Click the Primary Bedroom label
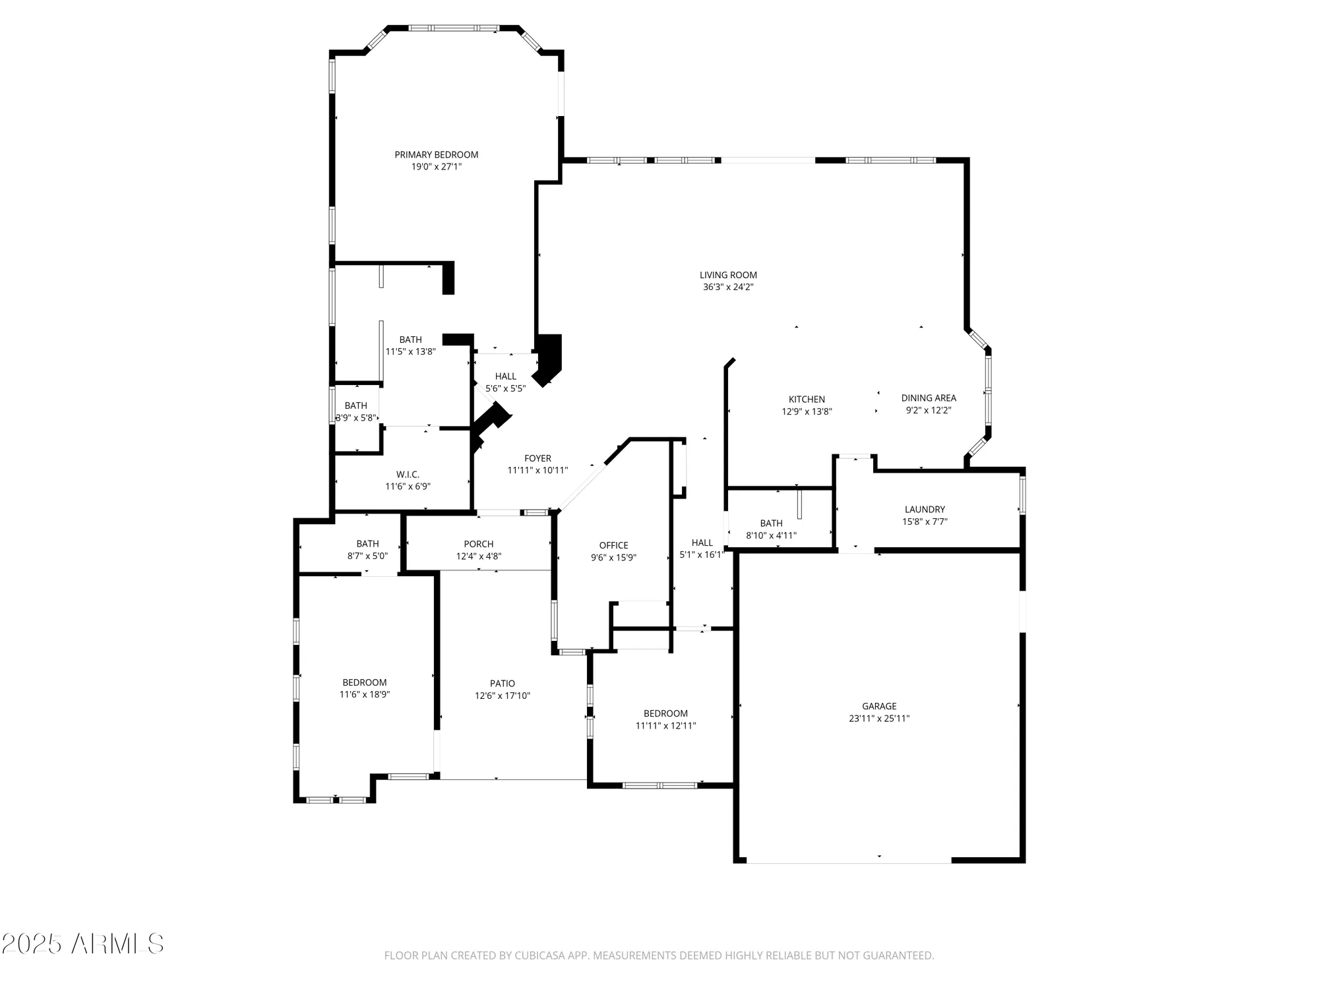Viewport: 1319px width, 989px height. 436,155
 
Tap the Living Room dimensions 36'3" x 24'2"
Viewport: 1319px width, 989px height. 728,287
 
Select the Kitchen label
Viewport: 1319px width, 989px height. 807,400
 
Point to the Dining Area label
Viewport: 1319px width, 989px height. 929,398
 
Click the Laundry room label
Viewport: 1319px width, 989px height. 925,510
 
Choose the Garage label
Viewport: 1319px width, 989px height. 879,706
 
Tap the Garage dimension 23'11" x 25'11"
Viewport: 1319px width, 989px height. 879,719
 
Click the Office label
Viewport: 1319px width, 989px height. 613,545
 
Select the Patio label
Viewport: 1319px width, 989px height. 503,684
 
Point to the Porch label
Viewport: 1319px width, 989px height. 479,544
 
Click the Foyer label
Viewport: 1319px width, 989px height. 537,458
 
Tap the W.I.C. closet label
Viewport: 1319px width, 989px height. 408,475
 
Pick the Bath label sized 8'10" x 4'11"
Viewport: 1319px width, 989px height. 771,524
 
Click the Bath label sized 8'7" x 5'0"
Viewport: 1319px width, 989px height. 367,544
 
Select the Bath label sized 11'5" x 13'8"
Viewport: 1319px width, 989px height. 410,340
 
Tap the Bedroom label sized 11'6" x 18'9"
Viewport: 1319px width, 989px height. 364,682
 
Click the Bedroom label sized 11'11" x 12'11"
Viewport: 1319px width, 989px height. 665,713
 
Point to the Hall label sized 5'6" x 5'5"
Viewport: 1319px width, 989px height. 506,376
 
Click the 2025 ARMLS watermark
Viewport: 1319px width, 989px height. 82,944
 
